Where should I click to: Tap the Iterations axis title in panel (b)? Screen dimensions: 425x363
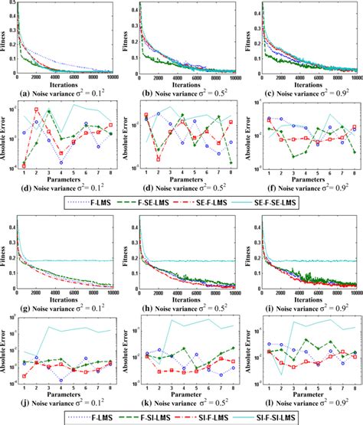(x=184, y=83)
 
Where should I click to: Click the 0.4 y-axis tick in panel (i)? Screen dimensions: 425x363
(x=253, y=218)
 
